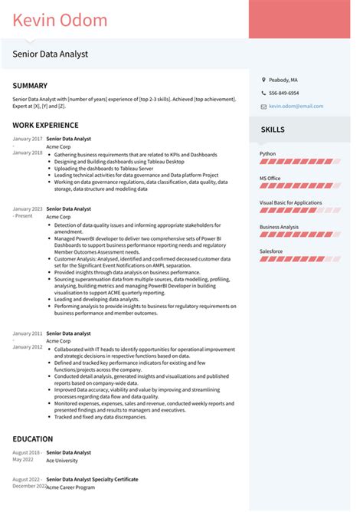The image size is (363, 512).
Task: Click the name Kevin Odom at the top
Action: (x=60, y=20)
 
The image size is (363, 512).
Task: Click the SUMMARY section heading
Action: (x=30, y=86)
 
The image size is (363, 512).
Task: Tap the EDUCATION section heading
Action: (x=33, y=439)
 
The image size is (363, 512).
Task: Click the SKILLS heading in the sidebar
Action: (x=273, y=130)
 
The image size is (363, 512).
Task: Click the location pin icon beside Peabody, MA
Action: (x=263, y=80)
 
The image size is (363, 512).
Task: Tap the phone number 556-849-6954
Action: (x=283, y=93)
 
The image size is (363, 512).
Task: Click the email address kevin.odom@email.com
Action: (x=296, y=106)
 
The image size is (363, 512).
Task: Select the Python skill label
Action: (x=267, y=153)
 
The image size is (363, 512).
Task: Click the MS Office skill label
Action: (x=270, y=178)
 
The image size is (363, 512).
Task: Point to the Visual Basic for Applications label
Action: (x=290, y=202)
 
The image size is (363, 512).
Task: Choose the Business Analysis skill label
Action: (x=279, y=227)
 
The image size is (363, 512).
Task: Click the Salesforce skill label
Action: (x=271, y=251)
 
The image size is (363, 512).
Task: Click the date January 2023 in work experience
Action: (x=27, y=208)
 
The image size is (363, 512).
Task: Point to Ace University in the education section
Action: (x=64, y=461)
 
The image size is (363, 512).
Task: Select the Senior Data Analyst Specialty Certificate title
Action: (x=92, y=479)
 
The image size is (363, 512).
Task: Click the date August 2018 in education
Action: (x=26, y=452)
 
